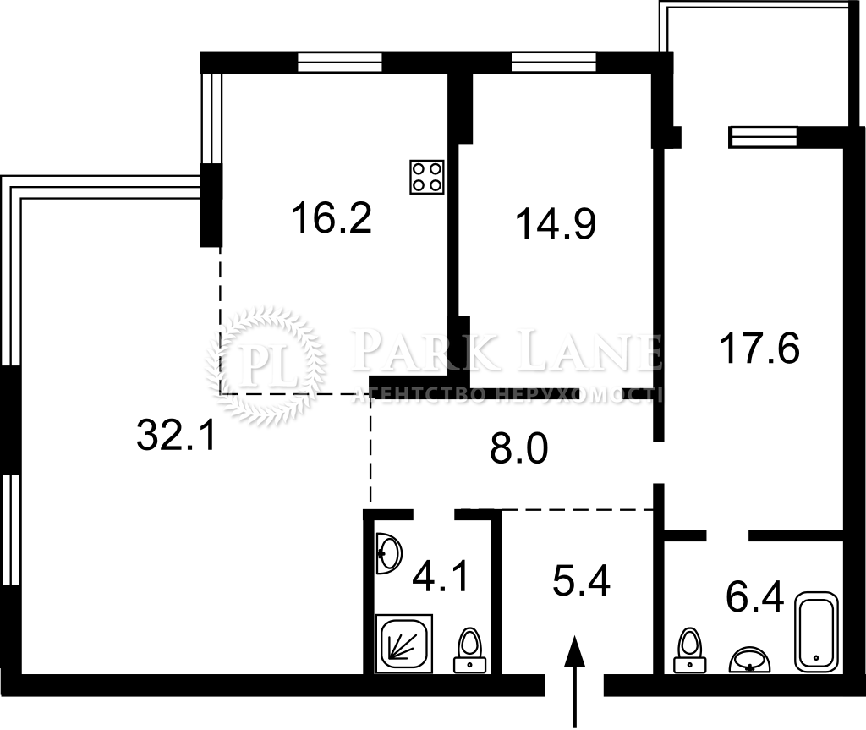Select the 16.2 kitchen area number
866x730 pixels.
[x=331, y=217]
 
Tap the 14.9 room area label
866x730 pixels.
[x=556, y=223]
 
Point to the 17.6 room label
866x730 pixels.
[x=760, y=349]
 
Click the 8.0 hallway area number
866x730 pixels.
[x=519, y=447]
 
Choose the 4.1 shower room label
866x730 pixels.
[x=441, y=576]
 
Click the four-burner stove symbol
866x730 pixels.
[x=427, y=177]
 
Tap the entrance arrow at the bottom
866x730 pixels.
[x=575, y=680]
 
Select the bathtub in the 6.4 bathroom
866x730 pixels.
[x=816, y=632]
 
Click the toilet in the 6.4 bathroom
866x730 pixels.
[x=690, y=650]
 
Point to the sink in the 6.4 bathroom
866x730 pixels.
[x=749, y=660]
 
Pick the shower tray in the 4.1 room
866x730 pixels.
[x=403, y=644]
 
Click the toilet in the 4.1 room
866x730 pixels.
[x=470, y=650]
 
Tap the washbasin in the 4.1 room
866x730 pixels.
[x=389, y=553]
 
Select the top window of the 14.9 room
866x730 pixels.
[x=554, y=63]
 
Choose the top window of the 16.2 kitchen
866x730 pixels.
[x=340, y=63]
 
